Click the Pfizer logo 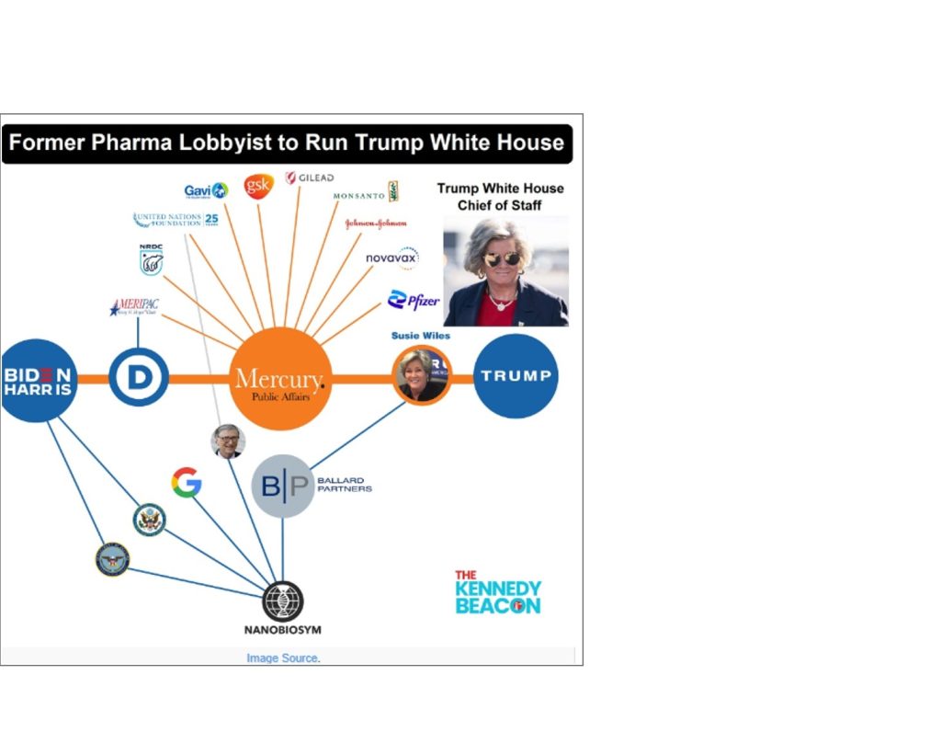(413, 300)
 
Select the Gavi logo (205, 190)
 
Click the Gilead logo (310, 177)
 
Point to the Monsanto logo (365, 193)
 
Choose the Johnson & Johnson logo (375, 223)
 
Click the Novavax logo (391, 258)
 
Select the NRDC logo (151, 260)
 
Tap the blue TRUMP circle (516, 375)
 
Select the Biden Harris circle (38, 380)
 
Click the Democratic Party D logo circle (139, 377)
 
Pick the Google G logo (187, 483)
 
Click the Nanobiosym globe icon (282, 601)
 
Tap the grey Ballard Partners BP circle (282, 486)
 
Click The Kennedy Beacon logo (497, 591)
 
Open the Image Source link (282, 658)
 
